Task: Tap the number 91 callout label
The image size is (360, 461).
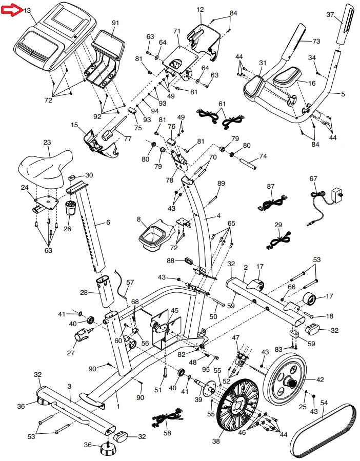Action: point(115,23)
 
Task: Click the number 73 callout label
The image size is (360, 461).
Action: point(316,41)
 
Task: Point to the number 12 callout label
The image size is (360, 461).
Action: point(199,9)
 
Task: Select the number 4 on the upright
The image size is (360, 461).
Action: point(218,216)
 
